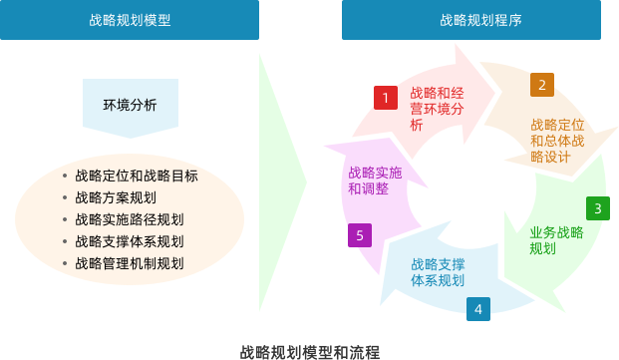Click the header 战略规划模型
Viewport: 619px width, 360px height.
point(129,19)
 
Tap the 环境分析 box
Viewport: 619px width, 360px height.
point(130,105)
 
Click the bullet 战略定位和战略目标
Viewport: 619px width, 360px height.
point(136,176)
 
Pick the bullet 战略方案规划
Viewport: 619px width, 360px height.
point(115,197)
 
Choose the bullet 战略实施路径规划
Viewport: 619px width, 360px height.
point(129,219)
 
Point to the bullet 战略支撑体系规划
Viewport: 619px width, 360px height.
point(129,241)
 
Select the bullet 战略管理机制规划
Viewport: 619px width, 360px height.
point(129,263)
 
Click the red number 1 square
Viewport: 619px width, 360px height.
point(386,97)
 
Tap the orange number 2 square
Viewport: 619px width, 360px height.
point(542,85)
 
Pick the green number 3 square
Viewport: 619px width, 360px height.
point(597,208)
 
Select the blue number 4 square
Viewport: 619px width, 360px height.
point(478,309)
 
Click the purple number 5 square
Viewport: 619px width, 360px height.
point(360,235)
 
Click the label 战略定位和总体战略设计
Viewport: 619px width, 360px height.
point(556,141)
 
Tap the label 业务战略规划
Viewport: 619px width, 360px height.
point(555,239)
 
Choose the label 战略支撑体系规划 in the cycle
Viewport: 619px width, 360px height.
point(438,272)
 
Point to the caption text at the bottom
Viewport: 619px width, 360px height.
point(309,351)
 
